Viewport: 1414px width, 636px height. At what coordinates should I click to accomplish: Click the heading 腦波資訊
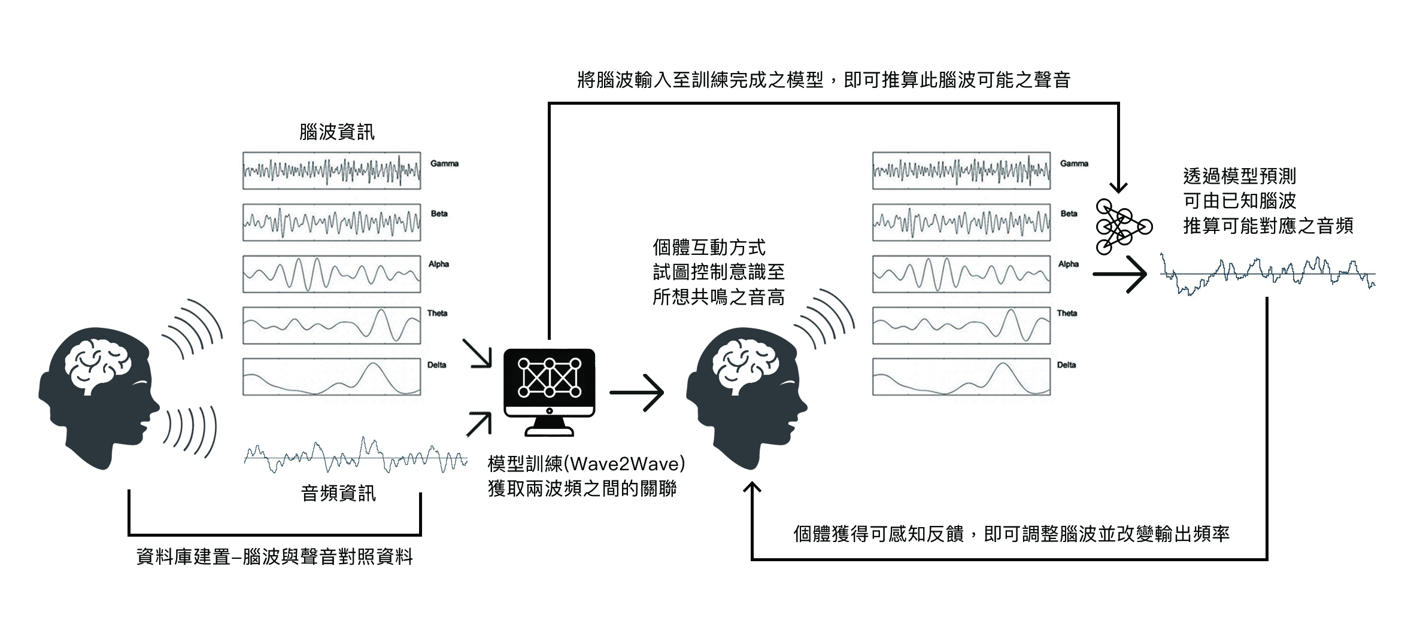coord(337,132)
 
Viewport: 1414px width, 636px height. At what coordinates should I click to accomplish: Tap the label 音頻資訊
coord(338,493)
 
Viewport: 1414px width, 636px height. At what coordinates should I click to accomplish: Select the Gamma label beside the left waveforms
coord(444,163)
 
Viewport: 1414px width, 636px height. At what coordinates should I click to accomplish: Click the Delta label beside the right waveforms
coord(1066,365)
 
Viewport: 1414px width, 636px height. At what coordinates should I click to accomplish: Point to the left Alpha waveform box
coord(332,274)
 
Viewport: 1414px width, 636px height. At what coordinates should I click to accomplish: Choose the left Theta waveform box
coord(332,325)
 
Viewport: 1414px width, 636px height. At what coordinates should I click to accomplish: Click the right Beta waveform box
coord(961,223)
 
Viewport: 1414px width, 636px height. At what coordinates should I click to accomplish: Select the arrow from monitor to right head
coord(637,392)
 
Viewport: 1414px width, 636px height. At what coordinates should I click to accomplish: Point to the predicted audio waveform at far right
coord(1267,275)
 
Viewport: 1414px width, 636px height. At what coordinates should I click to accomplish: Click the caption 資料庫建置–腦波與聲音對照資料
coord(275,557)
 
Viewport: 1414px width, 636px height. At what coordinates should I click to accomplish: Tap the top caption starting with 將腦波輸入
coord(824,80)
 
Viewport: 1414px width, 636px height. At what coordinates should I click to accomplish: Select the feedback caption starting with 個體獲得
coord(1011,533)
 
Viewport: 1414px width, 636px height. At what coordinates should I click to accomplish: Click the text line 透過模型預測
coord(1239,176)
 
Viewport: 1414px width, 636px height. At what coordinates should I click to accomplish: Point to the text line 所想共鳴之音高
coord(718,297)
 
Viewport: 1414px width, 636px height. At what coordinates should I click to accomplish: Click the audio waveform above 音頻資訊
coord(356,458)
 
